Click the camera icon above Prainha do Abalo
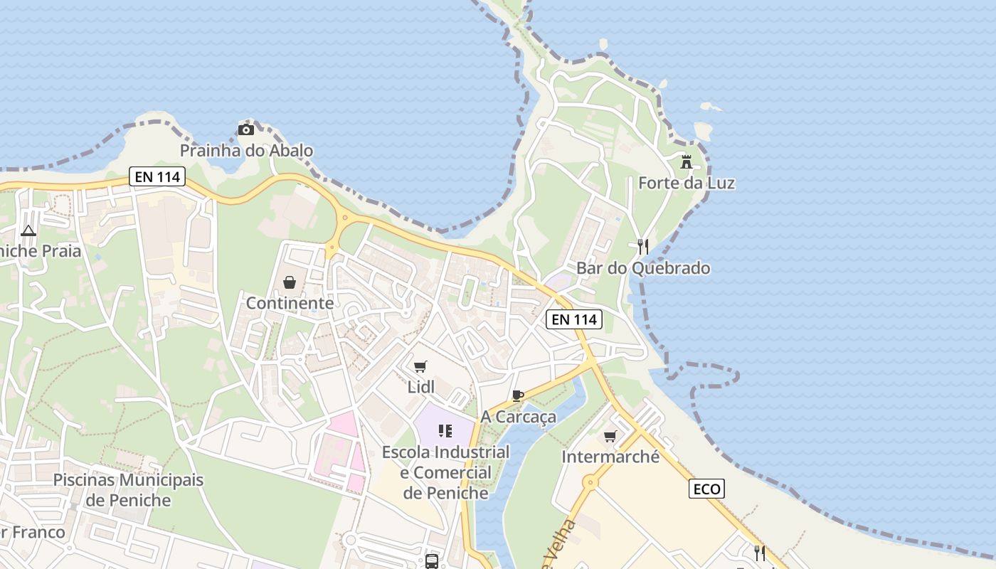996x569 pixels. pyautogui.click(x=245, y=129)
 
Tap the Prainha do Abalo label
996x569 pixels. pyautogui.click(x=246, y=151)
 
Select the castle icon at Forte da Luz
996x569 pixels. pyautogui.click(x=686, y=162)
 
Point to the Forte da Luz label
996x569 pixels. pyautogui.click(x=686, y=183)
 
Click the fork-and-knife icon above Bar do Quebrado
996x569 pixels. pyautogui.click(x=642, y=247)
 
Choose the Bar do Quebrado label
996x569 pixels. pyautogui.click(x=642, y=268)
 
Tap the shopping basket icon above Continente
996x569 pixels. pyautogui.click(x=290, y=282)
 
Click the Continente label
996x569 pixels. pyautogui.click(x=290, y=303)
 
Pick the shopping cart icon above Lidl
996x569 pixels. pyautogui.click(x=420, y=366)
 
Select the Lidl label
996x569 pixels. pyautogui.click(x=420, y=387)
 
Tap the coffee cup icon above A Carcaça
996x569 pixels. pyautogui.click(x=518, y=395)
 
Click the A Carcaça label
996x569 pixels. pyautogui.click(x=518, y=417)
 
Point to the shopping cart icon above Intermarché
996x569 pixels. pyautogui.click(x=610, y=436)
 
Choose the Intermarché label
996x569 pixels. pyautogui.click(x=610, y=457)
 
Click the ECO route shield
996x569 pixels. pyautogui.click(x=706, y=489)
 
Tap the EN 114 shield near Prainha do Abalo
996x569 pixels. pyautogui.click(x=157, y=176)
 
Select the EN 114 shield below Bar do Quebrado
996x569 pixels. pyautogui.click(x=574, y=319)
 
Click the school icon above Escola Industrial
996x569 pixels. pyautogui.click(x=445, y=430)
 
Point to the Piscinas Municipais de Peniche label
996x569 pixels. pyautogui.click(x=128, y=490)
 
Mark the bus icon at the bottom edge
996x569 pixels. pyautogui.click(x=431, y=562)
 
